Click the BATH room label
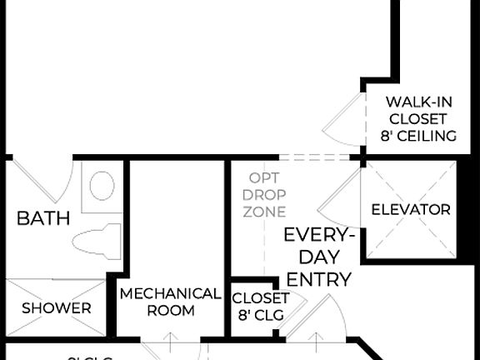point(43,219)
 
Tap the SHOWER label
point(57,307)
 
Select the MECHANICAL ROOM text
point(170,302)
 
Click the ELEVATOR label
point(410,210)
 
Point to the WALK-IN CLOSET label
point(420,118)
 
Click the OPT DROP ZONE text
point(265,194)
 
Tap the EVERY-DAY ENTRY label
point(317,257)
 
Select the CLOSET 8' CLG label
point(259,306)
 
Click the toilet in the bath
point(97,242)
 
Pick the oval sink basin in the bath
point(102,185)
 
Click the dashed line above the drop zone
point(312,157)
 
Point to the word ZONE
point(265,212)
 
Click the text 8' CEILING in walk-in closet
point(420,136)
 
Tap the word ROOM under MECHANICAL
point(170,311)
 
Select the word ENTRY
point(317,278)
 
